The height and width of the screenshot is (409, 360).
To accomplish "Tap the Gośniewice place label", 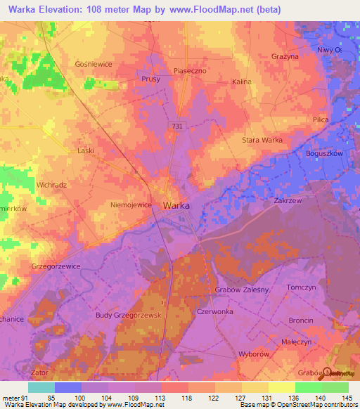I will pos(94,63).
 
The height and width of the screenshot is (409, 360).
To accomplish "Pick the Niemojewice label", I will pos(131,205).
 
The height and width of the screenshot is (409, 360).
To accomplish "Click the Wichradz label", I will pos(51,185).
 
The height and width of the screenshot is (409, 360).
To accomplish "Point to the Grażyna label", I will pos(285,56).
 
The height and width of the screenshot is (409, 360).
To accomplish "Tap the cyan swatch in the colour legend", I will pos(41,387).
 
